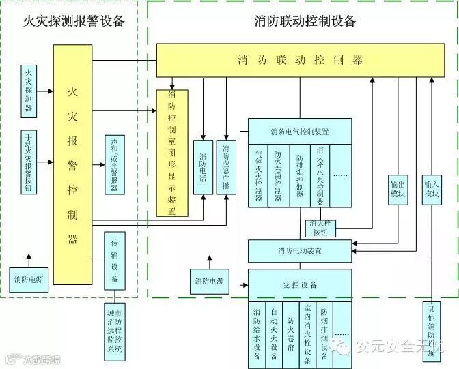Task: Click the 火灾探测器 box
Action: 28,92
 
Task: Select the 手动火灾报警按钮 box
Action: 28,162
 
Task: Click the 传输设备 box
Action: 114,260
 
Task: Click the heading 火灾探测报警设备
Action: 74,20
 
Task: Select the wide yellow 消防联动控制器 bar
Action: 301,60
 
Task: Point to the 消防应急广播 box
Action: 226,168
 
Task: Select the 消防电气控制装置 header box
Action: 299,131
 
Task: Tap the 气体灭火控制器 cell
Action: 258,177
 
